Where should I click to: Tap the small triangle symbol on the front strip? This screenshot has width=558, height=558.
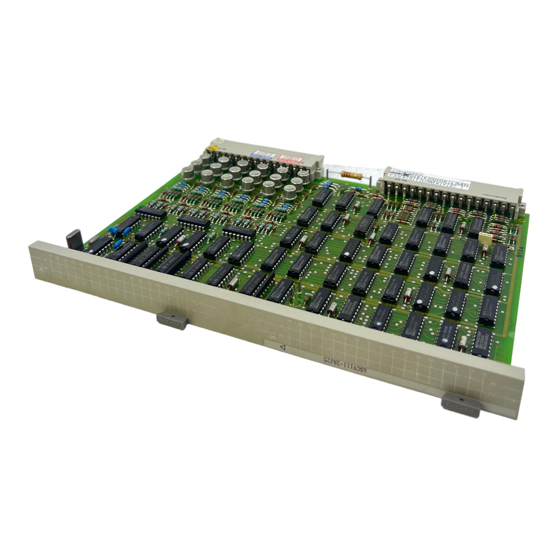coord(281,347)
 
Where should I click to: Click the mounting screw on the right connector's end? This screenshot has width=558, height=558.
coord(523,204)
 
